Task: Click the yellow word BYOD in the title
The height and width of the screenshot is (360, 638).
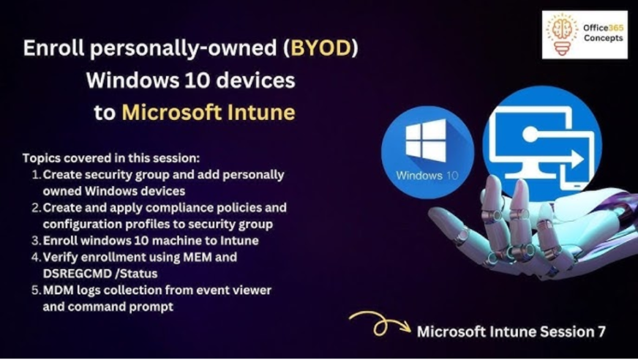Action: point(320,48)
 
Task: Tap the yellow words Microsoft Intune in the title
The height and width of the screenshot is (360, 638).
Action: point(209,112)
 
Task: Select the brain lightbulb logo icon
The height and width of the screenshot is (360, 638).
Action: point(562,34)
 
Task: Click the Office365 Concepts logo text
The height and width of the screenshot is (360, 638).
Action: point(603,32)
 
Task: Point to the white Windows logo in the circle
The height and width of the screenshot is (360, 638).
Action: point(426,140)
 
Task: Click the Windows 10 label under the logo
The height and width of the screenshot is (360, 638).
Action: point(427,176)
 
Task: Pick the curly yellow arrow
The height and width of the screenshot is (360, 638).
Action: point(380,323)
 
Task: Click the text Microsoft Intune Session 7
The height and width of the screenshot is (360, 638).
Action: point(511,331)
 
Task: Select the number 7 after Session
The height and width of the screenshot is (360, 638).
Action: point(601,331)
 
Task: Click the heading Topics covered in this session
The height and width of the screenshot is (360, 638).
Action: point(111,158)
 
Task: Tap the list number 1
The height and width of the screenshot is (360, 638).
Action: point(36,175)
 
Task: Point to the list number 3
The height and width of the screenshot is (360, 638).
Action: point(36,241)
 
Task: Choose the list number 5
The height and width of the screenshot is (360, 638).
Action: point(36,290)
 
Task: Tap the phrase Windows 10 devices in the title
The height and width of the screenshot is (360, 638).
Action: point(190,80)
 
